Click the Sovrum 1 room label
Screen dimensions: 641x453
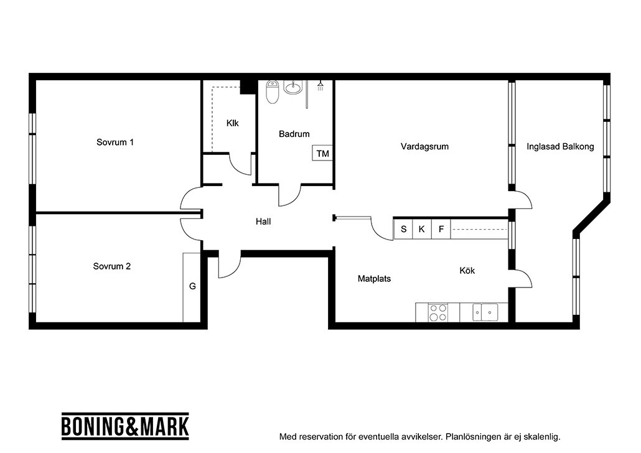click(115, 142)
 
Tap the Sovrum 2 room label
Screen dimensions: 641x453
click(111, 266)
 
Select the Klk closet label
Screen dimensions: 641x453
click(233, 123)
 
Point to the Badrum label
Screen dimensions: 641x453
click(294, 134)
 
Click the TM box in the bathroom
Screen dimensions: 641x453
click(322, 153)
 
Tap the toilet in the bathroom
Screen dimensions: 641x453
click(272, 92)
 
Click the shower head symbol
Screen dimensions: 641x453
click(320, 85)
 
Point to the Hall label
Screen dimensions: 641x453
click(263, 222)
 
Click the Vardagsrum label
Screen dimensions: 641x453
click(424, 146)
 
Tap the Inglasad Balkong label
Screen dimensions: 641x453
click(560, 146)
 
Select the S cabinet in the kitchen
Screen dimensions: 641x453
click(403, 229)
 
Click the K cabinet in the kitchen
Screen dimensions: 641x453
click(422, 229)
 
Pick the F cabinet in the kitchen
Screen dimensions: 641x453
click(441, 229)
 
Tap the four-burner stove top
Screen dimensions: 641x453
click(438, 312)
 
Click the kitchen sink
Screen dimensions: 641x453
click(485, 312)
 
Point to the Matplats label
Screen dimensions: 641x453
click(374, 279)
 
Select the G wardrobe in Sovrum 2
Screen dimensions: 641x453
click(192, 287)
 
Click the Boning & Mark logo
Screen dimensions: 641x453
click(125, 426)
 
